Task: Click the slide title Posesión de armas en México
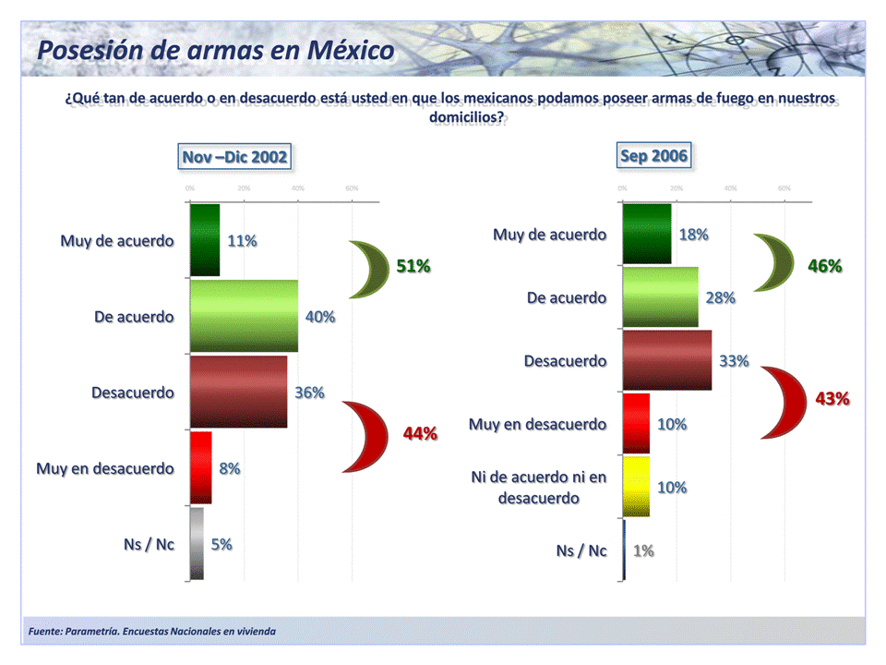pos(216,50)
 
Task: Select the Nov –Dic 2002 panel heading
pos(234,157)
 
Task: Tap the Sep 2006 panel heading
pos(653,156)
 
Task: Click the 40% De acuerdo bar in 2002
pos(244,316)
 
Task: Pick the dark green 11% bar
pos(205,240)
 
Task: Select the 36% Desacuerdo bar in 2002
pos(238,392)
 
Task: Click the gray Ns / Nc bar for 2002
pos(197,544)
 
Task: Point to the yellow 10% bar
pos(637,487)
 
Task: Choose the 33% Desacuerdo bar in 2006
pos(666,360)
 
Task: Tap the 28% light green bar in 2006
pos(660,297)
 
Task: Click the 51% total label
pos(413,267)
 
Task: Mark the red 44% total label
pos(420,433)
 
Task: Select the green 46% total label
pos(824,267)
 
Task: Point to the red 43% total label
pos(832,399)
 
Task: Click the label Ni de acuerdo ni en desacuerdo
pos(538,488)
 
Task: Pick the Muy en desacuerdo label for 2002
pos(105,468)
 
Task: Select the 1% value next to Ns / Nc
pos(643,551)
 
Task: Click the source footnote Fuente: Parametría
pos(152,632)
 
